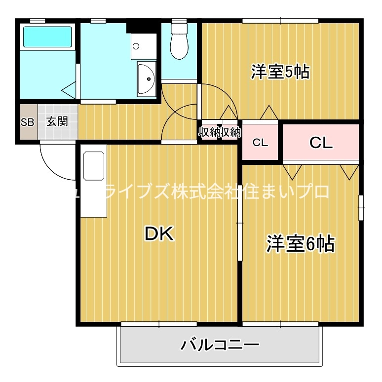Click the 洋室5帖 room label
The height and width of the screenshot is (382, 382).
coord(280,73)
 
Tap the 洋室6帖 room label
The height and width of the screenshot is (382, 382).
coord(301,244)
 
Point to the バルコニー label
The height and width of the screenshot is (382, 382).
coord(220,344)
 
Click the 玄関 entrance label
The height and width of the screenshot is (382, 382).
coord(57,121)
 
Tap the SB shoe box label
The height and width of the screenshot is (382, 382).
coord(28,122)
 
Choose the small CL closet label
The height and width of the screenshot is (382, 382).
coord(260,143)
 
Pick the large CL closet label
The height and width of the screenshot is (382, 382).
coord(321,143)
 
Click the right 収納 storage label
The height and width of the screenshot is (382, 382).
coord(230,132)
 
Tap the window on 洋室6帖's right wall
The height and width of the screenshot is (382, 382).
coord(362,207)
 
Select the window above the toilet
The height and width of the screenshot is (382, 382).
coord(178,21)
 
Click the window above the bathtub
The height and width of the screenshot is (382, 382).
coord(38,20)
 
